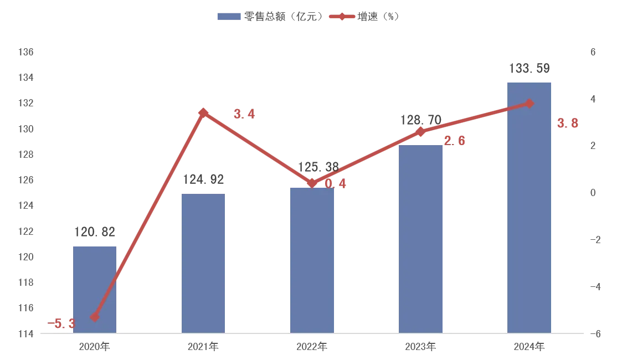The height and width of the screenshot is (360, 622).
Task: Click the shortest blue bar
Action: click(x=95, y=288)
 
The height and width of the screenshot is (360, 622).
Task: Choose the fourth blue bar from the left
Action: click(x=420, y=238)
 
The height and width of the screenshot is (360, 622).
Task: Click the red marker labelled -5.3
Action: click(x=95, y=317)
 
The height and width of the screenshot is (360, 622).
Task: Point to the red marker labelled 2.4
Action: click(x=203, y=112)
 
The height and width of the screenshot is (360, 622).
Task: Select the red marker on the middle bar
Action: click(x=312, y=182)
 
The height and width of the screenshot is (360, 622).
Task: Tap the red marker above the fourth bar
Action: click(x=420, y=132)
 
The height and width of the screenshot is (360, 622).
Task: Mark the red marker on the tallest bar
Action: click(x=529, y=103)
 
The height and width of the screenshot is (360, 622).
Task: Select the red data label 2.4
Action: click(x=244, y=115)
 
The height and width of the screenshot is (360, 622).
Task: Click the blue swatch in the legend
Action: click(x=230, y=16)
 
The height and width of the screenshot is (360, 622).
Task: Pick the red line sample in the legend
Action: click(x=341, y=16)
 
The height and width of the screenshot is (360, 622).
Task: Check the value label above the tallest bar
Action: click(x=529, y=69)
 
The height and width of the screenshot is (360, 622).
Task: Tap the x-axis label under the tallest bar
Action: click(x=529, y=346)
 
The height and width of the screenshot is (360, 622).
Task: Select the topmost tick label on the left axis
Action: click(x=27, y=51)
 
